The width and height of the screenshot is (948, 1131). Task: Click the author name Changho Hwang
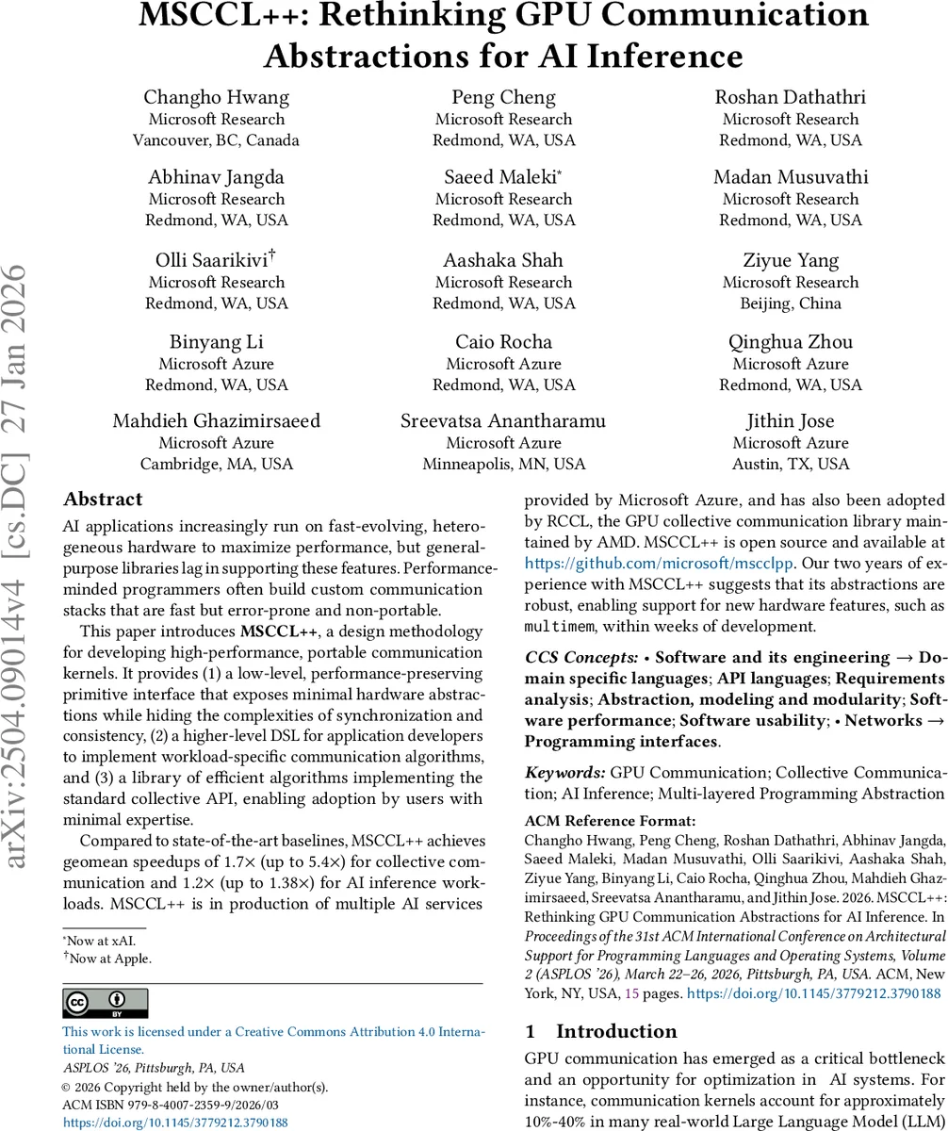pyautogui.click(x=217, y=97)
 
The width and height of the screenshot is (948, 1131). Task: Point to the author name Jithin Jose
pyautogui.click(x=790, y=420)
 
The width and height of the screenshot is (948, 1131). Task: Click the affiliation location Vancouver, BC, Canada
pyautogui.click(x=217, y=140)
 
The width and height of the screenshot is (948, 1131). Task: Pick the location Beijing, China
pyautogui.click(x=790, y=303)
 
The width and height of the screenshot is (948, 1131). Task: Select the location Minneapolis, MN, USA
pyautogui.click(x=503, y=464)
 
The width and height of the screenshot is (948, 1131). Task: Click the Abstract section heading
pyautogui.click(x=103, y=500)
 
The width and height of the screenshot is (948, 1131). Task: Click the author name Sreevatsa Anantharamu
pyautogui.click(x=503, y=420)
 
